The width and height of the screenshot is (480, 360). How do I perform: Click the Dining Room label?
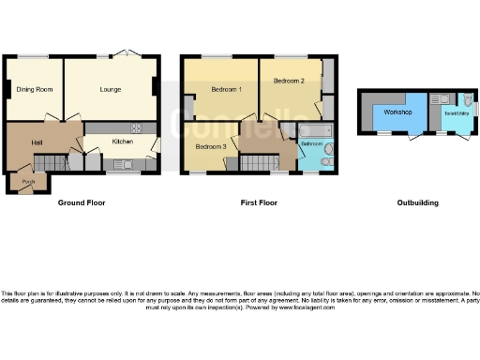[x=34, y=90]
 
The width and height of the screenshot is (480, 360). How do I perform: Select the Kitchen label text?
[x=123, y=142]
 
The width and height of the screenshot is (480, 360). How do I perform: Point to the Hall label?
[x=37, y=142]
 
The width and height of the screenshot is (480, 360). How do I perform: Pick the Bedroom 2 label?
[x=289, y=82]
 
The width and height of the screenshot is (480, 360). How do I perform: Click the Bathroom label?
[x=311, y=145]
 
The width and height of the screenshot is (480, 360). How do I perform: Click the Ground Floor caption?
[x=82, y=202]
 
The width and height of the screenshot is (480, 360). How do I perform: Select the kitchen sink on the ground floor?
[x=123, y=164]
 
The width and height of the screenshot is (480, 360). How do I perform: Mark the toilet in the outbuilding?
[x=466, y=99]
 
